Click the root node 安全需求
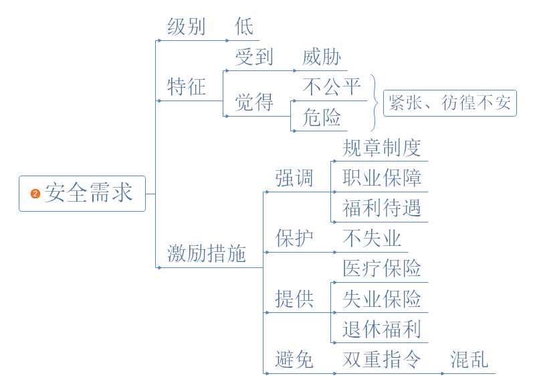(x=88, y=193)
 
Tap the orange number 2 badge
(x=35, y=194)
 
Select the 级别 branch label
(x=186, y=27)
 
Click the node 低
(x=244, y=27)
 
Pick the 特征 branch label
(x=186, y=87)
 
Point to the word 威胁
(x=322, y=58)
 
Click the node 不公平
(x=332, y=87)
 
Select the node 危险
(x=322, y=117)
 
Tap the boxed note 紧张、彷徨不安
(x=449, y=103)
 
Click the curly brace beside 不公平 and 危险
(x=374, y=103)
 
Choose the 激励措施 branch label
(x=206, y=253)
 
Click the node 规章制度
(x=381, y=147)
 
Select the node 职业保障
(x=381, y=178)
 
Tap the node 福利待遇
(x=381, y=208)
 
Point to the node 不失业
(x=371, y=238)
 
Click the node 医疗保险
(x=381, y=268)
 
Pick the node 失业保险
(x=381, y=298)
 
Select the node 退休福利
(x=381, y=329)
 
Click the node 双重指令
(x=381, y=359)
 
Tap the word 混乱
(x=469, y=359)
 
